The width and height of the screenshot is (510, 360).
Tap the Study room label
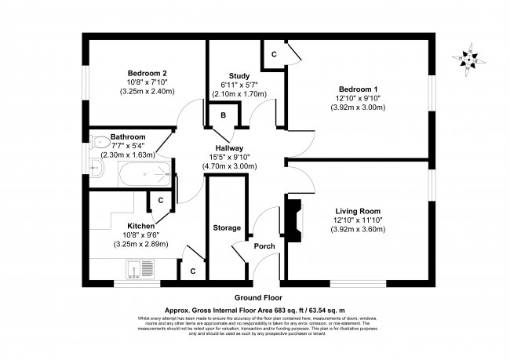(x=239, y=76)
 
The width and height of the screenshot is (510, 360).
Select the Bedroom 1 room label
(x=358, y=88)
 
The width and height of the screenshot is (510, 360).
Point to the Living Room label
(x=358, y=210)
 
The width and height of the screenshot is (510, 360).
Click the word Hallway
(x=230, y=147)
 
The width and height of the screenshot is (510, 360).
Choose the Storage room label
(x=227, y=227)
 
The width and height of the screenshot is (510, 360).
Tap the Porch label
(x=264, y=246)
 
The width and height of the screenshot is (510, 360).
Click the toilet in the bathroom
(x=99, y=143)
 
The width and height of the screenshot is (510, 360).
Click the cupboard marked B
(x=223, y=116)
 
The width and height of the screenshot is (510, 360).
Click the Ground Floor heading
(x=258, y=298)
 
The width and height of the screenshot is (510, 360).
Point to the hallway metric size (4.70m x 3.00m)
(x=230, y=166)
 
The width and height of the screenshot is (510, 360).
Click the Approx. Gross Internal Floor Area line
(x=258, y=309)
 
